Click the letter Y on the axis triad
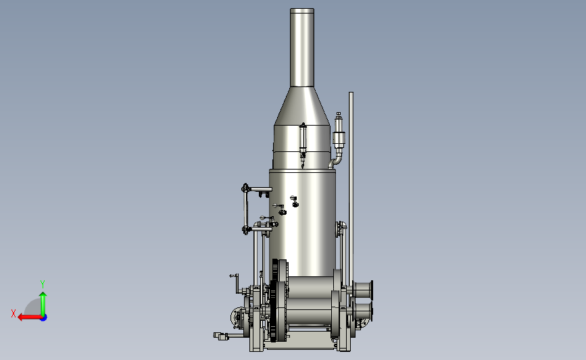43,284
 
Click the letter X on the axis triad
14,313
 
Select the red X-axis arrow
30,317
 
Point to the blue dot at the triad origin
44,318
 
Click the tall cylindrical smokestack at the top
302,47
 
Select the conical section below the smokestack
302,106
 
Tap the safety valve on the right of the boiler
339,132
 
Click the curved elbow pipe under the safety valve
337,161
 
